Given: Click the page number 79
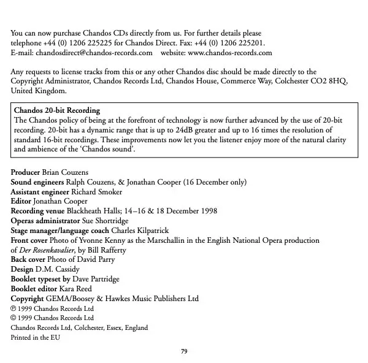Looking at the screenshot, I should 183,350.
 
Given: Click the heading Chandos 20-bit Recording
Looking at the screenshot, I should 56,110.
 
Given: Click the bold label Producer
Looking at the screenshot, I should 27,173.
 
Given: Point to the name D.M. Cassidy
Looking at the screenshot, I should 56,269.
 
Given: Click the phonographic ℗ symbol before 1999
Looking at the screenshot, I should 15,308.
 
